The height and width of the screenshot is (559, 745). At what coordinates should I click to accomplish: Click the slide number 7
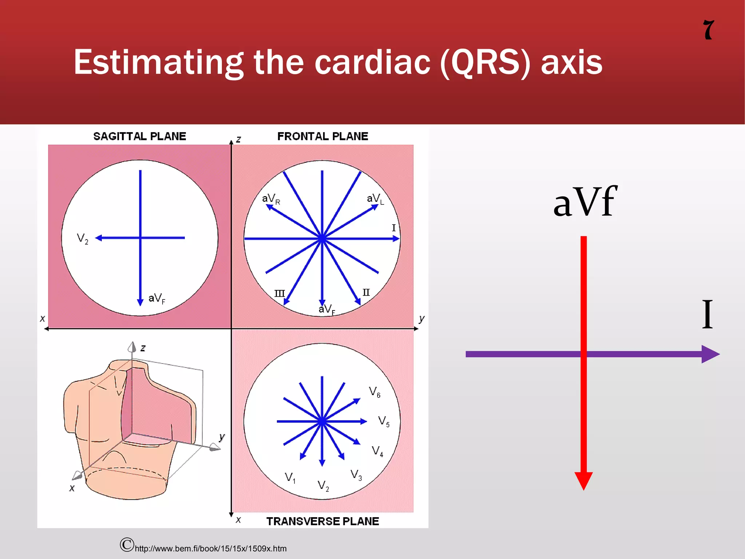(x=709, y=30)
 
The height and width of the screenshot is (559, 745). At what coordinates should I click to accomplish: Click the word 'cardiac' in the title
(x=372, y=63)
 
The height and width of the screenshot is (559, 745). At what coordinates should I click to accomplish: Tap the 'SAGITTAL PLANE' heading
(x=140, y=136)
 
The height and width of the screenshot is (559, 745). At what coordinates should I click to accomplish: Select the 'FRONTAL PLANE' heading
(x=323, y=136)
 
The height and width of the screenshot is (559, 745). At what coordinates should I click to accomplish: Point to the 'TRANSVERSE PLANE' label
(x=323, y=521)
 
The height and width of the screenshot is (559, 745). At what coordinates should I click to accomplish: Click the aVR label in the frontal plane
(x=271, y=199)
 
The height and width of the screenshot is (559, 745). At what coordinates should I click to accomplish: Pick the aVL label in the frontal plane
(x=375, y=199)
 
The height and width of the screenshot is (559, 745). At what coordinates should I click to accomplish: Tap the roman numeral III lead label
(x=279, y=293)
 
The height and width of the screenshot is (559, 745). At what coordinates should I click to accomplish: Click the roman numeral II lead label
(x=366, y=293)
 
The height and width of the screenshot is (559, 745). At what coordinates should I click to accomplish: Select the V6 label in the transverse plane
(x=374, y=392)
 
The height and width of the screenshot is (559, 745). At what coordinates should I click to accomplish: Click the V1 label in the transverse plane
(x=290, y=477)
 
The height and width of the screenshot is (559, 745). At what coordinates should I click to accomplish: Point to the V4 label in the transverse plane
(x=377, y=451)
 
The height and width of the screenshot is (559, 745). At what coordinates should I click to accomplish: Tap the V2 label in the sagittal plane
(x=83, y=239)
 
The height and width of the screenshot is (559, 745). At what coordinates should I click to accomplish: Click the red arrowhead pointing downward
(x=583, y=480)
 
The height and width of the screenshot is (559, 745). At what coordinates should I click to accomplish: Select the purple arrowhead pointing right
(x=710, y=354)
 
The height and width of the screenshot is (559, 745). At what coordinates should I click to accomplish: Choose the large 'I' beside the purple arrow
(x=707, y=314)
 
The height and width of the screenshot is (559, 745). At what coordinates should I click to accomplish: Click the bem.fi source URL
(x=211, y=548)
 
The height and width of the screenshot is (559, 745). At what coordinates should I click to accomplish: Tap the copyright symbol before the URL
(x=127, y=544)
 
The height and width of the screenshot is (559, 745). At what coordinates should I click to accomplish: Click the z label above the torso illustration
(x=143, y=348)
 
